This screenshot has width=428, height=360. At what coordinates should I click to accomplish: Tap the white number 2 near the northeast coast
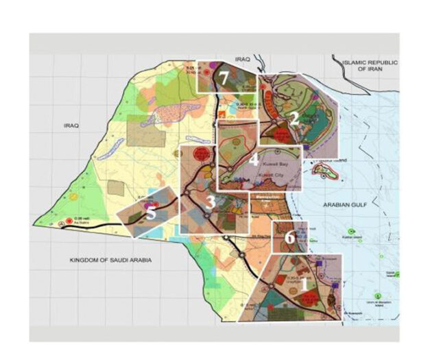294,117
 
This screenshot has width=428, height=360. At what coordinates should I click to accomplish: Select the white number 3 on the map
211,201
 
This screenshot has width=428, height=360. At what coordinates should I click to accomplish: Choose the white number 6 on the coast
289,237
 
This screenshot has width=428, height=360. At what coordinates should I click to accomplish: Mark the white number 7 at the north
224,77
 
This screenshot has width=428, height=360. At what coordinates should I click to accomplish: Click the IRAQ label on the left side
71,125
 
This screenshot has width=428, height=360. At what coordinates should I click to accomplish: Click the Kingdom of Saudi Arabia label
110,261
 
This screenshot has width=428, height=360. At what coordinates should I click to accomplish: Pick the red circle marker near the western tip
65,223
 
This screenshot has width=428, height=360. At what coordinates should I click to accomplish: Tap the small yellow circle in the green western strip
74,196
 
